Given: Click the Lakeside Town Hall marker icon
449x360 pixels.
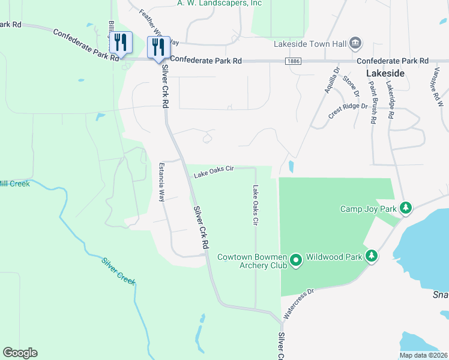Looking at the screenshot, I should pos(355,43).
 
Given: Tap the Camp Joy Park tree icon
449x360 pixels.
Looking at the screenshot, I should pos(406,208).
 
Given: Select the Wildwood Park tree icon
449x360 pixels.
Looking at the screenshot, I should pos(372,256).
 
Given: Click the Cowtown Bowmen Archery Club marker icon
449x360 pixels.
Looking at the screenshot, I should pos(295,260).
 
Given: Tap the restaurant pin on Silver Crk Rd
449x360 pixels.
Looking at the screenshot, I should pos(158,46).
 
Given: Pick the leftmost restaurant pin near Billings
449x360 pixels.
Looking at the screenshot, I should pos(121,42).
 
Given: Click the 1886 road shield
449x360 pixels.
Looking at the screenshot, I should pos(294,61).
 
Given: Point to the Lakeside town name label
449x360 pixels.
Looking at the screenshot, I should pos(385,73).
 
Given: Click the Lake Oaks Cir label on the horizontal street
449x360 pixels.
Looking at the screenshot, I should pos(213,172).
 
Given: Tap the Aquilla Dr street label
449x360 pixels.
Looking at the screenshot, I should pos(329,80).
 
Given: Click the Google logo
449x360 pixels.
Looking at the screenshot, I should pos(20,353).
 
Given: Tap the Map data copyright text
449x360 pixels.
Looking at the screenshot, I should pos(423,355).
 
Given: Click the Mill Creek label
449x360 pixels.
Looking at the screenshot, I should pos(14,183).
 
